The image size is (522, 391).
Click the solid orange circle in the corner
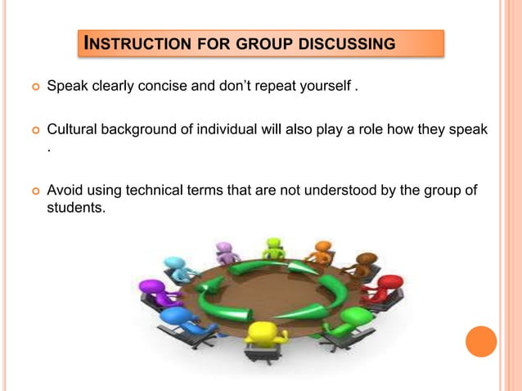(x=481, y=341)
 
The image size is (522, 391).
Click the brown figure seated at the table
(x=361, y=263)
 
